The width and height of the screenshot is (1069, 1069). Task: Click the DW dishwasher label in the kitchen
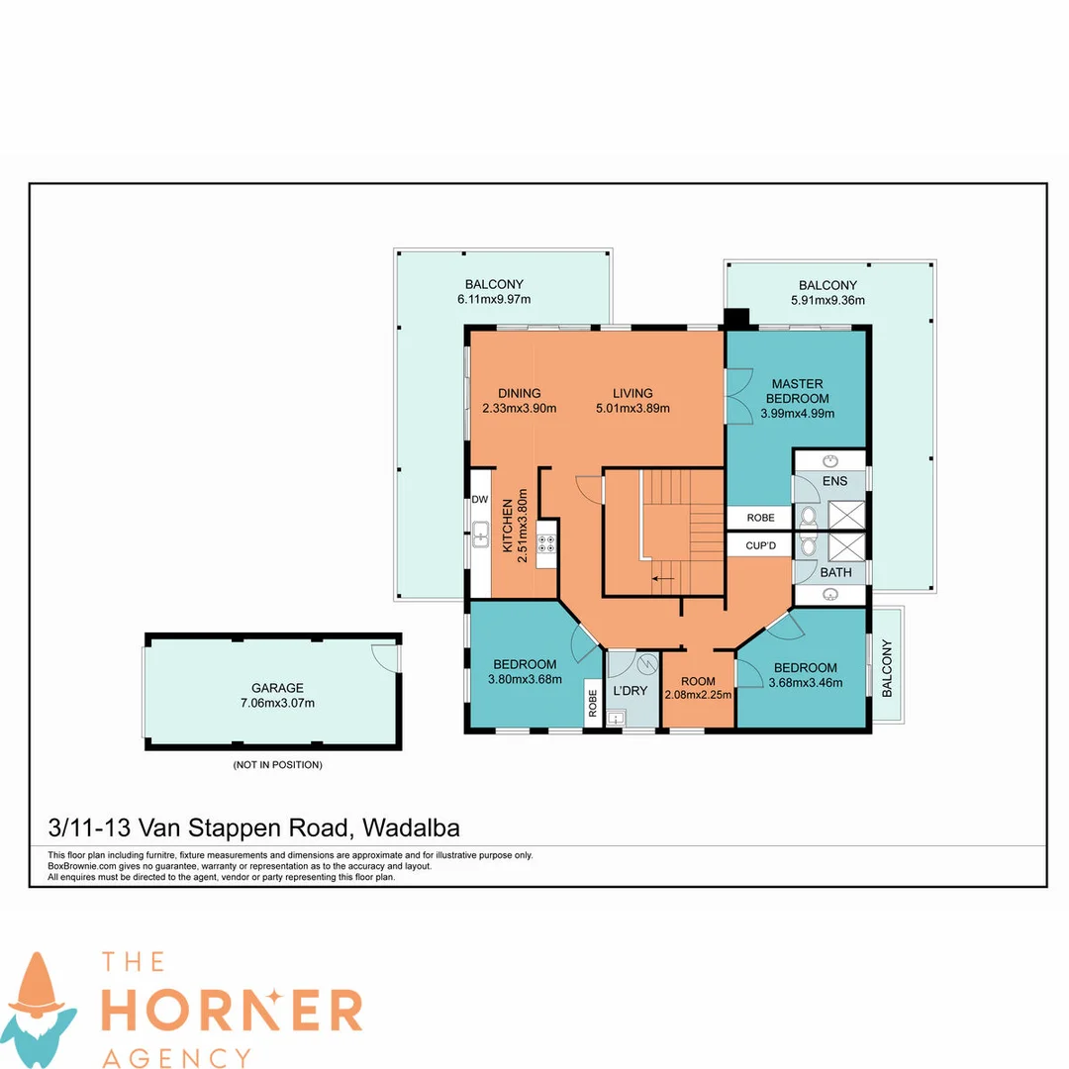pyautogui.click(x=480, y=499)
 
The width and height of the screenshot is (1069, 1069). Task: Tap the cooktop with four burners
pyautogui.click(x=546, y=543)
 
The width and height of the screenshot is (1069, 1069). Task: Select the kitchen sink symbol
pyautogui.click(x=481, y=534)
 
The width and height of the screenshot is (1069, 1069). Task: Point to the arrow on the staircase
pyautogui.click(x=663, y=579)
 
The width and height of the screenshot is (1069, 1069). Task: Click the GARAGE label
pyautogui.click(x=277, y=688)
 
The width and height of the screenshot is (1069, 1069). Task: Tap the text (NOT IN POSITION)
pyautogui.click(x=277, y=765)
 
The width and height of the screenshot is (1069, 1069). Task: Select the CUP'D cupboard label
pyautogui.click(x=761, y=545)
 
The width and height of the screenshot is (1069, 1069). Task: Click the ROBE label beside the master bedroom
pyautogui.click(x=761, y=518)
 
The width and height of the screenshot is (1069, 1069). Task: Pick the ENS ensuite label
pyautogui.click(x=835, y=481)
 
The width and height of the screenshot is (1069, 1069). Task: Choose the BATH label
pyautogui.click(x=835, y=573)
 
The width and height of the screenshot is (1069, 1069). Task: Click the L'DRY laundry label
pyautogui.click(x=630, y=691)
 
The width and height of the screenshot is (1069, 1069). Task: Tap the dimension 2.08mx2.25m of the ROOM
pyautogui.click(x=698, y=695)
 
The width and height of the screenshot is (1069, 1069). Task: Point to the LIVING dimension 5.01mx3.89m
pyautogui.click(x=632, y=409)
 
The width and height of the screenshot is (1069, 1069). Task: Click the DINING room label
pyautogui.click(x=520, y=393)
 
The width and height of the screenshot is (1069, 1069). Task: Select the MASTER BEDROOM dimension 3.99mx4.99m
pyautogui.click(x=798, y=413)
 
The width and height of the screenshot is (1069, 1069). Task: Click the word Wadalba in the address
pyautogui.click(x=411, y=827)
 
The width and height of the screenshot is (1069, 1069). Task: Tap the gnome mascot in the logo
pyautogui.click(x=39, y=1009)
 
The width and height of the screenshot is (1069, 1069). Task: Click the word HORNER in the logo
pyautogui.click(x=232, y=1011)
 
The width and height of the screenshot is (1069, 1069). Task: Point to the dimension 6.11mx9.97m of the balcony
pyautogui.click(x=494, y=299)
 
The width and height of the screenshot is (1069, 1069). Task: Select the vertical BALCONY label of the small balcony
pyautogui.click(x=886, y=668)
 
